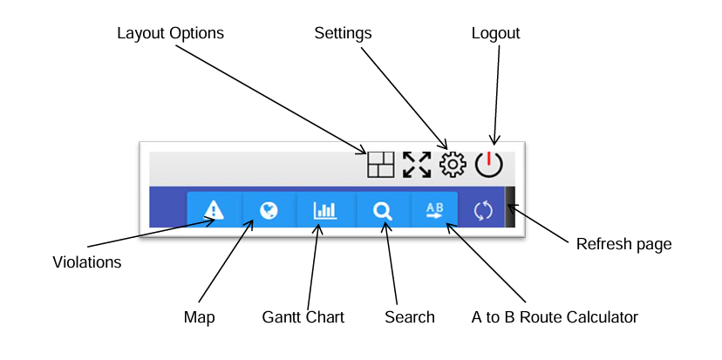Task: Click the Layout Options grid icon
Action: (x=380, y=165)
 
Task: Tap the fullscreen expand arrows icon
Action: (x=417, y=165)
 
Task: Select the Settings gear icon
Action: (x=453, y=164)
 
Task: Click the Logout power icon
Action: (x=489, y=164)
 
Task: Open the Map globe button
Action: (x=269, y=210)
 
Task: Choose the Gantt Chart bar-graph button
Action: (x=325, y=210)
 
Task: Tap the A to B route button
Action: (x=434, y=210)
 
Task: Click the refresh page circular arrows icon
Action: (x=483, y=210)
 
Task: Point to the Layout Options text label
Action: (x=170, y=33)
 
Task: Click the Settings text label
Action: (x=343, y=33)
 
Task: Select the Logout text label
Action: (x=495, y=33)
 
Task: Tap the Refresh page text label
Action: (x=623, y=244)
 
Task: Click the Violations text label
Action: (x=86, y=262)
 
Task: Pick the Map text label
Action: (x=199, y=317)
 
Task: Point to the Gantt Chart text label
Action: (x=303, y=317)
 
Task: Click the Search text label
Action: (x=409, y=317)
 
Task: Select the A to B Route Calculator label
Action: (x=555, y=317)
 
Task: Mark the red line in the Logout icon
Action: (x=489, y=160)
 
